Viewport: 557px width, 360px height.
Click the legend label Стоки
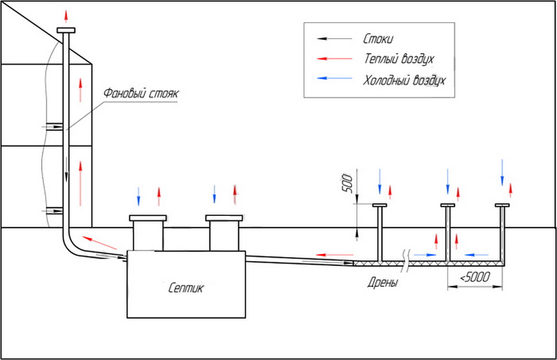[379, 39]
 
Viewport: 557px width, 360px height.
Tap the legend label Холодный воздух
[404, 81]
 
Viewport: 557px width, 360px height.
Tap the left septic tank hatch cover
[149, 218]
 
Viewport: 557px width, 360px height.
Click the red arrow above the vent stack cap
[67, 15]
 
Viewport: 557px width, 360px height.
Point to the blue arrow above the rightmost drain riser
[501, 173]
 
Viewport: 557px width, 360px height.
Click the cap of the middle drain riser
[448, 205]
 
